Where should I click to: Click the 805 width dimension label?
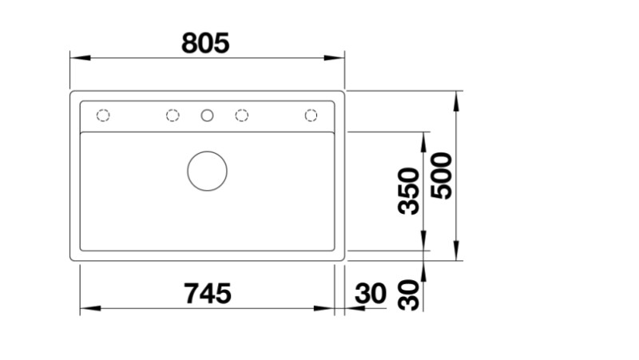coord(205,42)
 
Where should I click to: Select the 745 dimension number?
coord(207,293)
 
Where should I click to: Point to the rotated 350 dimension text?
coord(409,191)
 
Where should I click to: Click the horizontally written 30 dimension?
coord(370,294)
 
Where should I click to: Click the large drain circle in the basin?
coord(207,170)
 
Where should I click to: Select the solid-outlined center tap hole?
coord(207,116)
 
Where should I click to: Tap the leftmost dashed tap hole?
coord(102,116)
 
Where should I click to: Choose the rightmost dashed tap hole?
coord(311,116)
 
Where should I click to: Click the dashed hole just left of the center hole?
coord(173,116)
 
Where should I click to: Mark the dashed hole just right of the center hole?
coord(241,116)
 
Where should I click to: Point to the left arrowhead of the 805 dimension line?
coord(77,58)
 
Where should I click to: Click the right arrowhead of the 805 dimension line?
coord(337,58)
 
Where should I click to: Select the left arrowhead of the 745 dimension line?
coord(87,309)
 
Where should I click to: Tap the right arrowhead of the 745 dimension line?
coord(327,309)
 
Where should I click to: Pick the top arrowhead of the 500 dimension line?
coord(456,97)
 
